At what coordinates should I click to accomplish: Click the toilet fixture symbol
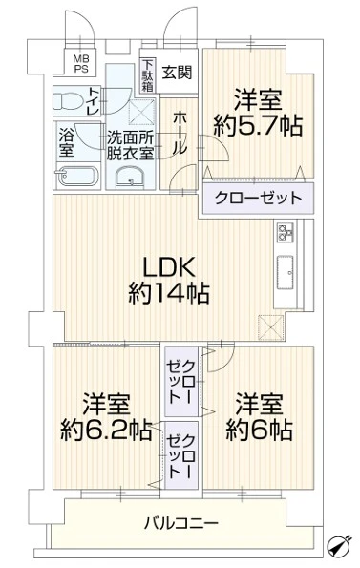(68, 100)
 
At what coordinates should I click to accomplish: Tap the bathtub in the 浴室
(77, 176)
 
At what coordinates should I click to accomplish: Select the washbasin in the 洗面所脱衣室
(131, 179)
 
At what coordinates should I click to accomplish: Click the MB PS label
(81, 63)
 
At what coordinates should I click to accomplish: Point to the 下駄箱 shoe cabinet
(147, 75)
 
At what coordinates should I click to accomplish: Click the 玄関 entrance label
(177, 73)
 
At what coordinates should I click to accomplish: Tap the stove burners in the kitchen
(285, 232)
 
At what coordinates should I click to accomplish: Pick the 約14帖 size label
(169, 293)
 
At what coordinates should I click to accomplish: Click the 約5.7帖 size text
(258, 125)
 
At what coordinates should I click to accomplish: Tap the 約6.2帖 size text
(106, 430)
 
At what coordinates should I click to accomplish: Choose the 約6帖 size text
(260, 430)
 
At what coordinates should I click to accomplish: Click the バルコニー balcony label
(181, 523)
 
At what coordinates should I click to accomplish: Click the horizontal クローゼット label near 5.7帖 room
(258, 198)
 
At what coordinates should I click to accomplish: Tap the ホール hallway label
(180, 133)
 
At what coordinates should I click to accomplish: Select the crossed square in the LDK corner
(271, 327)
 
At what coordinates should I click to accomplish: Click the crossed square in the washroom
(141, 111)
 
